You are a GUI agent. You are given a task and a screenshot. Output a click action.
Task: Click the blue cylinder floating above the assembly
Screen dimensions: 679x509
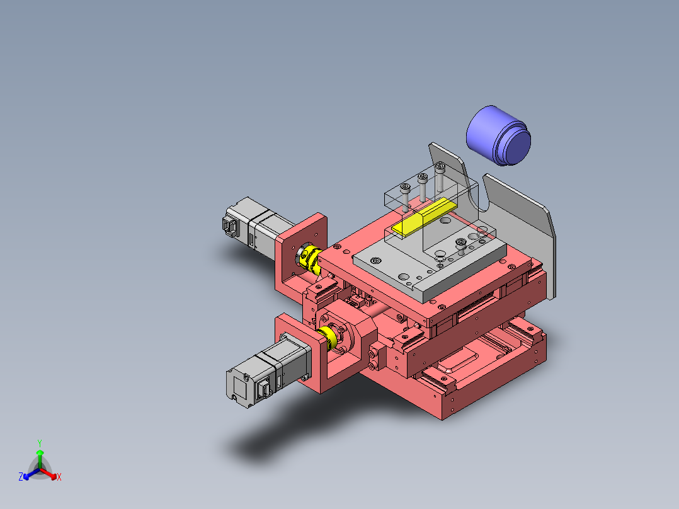pyautogui.click(x=498, y=135)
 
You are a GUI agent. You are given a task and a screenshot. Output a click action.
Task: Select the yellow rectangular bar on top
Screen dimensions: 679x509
pyautogui.click(x=424, y=217)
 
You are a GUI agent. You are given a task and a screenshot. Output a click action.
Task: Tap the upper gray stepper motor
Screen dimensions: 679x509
pyautogui.click(x=256, y=227)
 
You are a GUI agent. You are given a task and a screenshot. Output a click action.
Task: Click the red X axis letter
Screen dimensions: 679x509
pyautogui.click(x=59, y=477)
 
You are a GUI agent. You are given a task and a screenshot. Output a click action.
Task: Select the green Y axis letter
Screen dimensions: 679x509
pyautogui.click(x=40, y=443)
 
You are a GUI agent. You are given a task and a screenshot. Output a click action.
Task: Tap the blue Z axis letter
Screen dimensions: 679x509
pyautogui.click(x=20, y=477)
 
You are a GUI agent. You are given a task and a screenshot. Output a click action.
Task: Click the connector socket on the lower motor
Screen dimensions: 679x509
pyautogui.click(x=263, y=388)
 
